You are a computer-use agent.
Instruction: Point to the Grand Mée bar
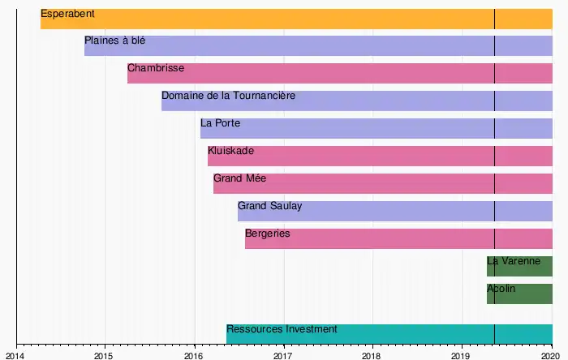[x=382, y=183]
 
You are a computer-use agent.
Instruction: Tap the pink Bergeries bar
[x=398, y=238]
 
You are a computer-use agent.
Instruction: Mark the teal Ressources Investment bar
[x=389, y=333]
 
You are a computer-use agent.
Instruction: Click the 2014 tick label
[x=15, y=355]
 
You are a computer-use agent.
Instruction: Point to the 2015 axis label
[x=105, y=355]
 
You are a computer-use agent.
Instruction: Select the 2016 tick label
[x=194, y=355]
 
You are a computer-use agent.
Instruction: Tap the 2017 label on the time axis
[x=283, y=355]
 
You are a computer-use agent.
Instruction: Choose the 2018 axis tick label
[x=372, y=355]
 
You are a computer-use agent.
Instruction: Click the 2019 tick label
[x=462, y=355]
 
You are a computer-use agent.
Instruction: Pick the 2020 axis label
[x=551, y=355]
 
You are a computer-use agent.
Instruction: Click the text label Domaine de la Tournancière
[x=228, y=96]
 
